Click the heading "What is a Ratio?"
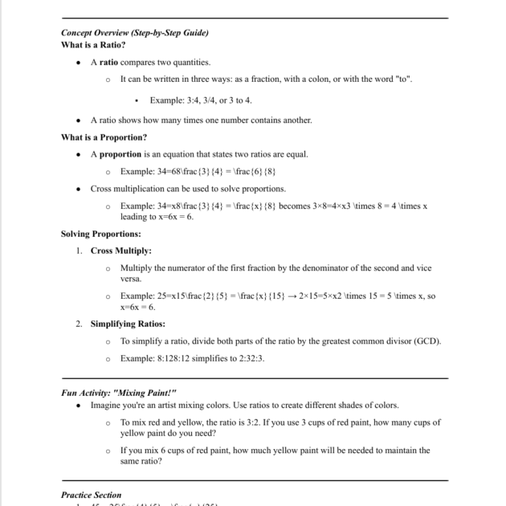(93, 45)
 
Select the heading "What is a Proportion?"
(104, 137)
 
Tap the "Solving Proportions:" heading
(100, 234)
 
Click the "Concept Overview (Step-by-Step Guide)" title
(134, 33)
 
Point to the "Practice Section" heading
(91, 495)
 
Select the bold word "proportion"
(120, 154)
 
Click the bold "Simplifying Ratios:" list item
(128, 324)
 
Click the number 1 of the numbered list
(79, 251)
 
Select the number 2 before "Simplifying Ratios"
(79, 324)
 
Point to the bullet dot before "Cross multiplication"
(78, 189)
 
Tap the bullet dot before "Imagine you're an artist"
(78, 405)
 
